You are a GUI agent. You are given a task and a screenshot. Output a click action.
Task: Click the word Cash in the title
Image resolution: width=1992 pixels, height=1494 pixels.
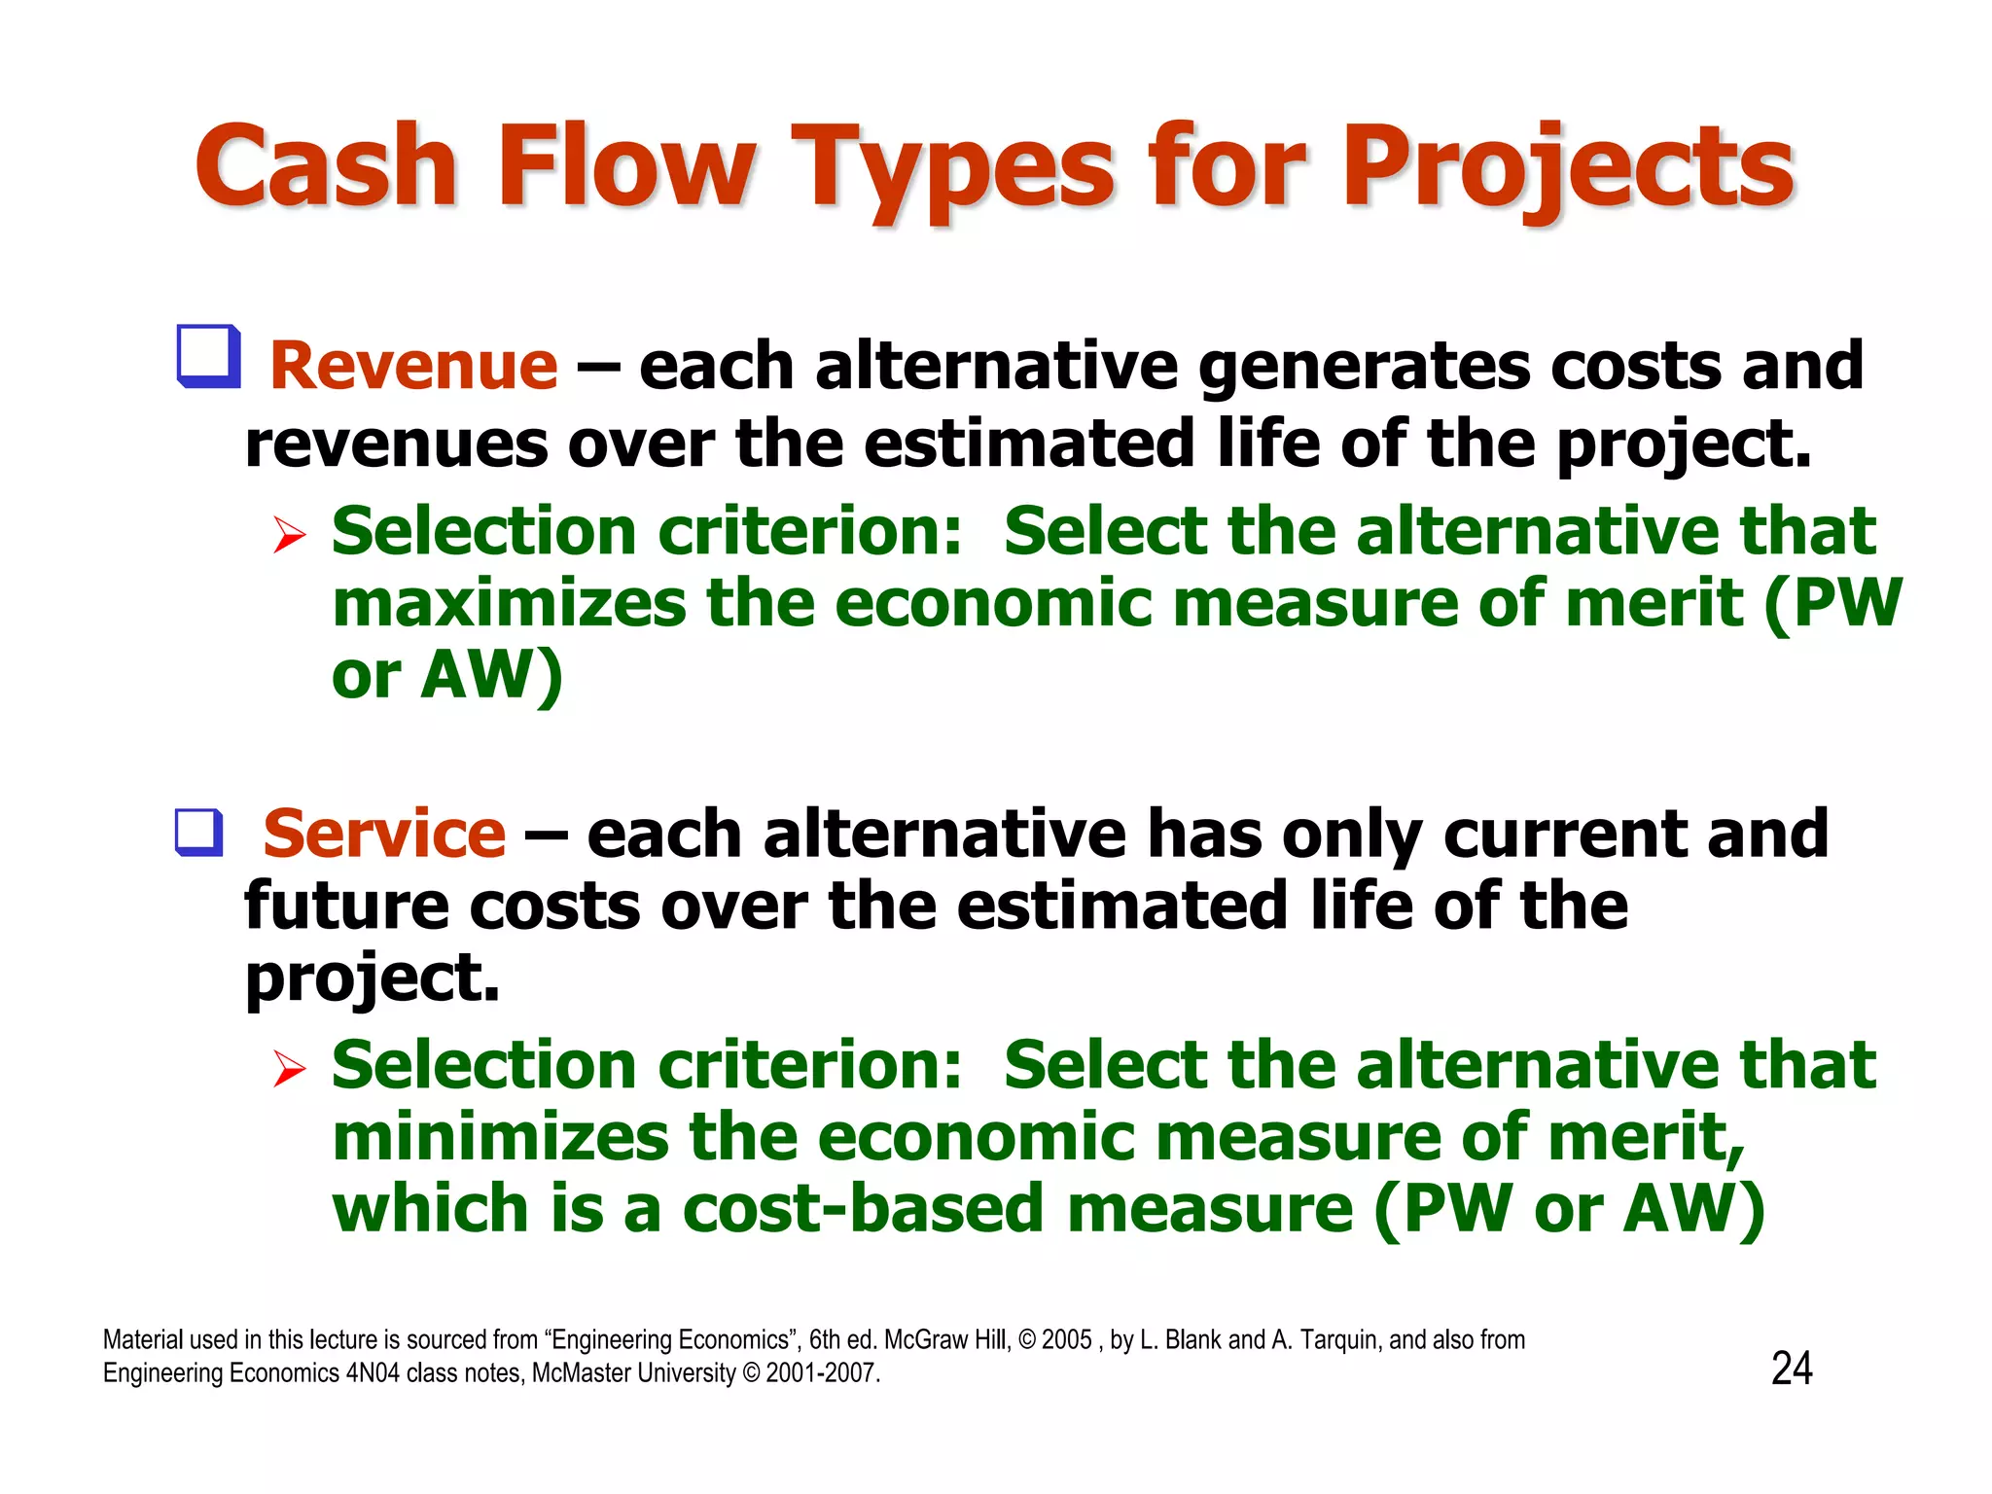[326, 167]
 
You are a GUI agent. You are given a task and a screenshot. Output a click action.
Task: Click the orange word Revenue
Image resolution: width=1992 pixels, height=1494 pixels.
[413, 367]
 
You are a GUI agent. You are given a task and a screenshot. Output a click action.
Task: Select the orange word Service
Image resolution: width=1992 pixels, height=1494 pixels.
[384, 835]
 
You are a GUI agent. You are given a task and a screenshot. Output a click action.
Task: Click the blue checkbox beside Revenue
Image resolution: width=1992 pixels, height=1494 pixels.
[208, 357]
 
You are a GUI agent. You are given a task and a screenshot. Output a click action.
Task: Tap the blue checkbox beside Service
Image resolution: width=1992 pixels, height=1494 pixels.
[199, 833]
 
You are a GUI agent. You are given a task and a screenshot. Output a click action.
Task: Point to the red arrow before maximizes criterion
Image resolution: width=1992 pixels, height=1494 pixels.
[289, 534]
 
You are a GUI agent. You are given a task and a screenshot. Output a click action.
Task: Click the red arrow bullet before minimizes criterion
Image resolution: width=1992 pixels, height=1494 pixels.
[289, 1068]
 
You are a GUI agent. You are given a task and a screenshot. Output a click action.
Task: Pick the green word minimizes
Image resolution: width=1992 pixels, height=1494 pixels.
[500, 1138]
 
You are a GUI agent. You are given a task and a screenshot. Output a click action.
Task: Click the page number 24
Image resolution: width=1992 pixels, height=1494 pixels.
[1792, 1369]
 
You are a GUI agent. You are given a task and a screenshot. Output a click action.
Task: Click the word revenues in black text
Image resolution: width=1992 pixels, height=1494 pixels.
[397, 445]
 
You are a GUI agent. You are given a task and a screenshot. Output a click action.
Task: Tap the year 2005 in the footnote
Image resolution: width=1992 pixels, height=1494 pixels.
[1066, 1340]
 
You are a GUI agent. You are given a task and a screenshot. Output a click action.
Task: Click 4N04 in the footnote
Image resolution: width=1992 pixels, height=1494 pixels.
[373, 1373]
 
